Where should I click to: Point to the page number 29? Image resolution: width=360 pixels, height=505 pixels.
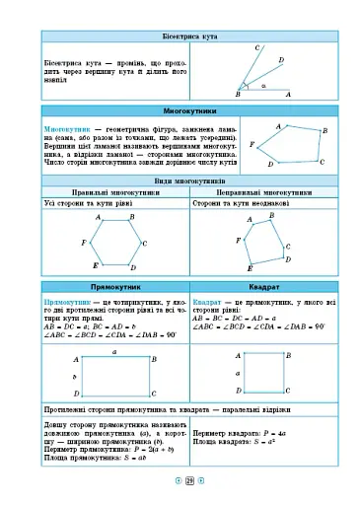click(x=189, y=481)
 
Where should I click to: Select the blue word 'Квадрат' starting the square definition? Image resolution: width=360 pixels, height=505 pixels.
click(x=207, y=299)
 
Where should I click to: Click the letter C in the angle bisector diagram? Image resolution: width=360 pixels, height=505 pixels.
click(x=256, y=48)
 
